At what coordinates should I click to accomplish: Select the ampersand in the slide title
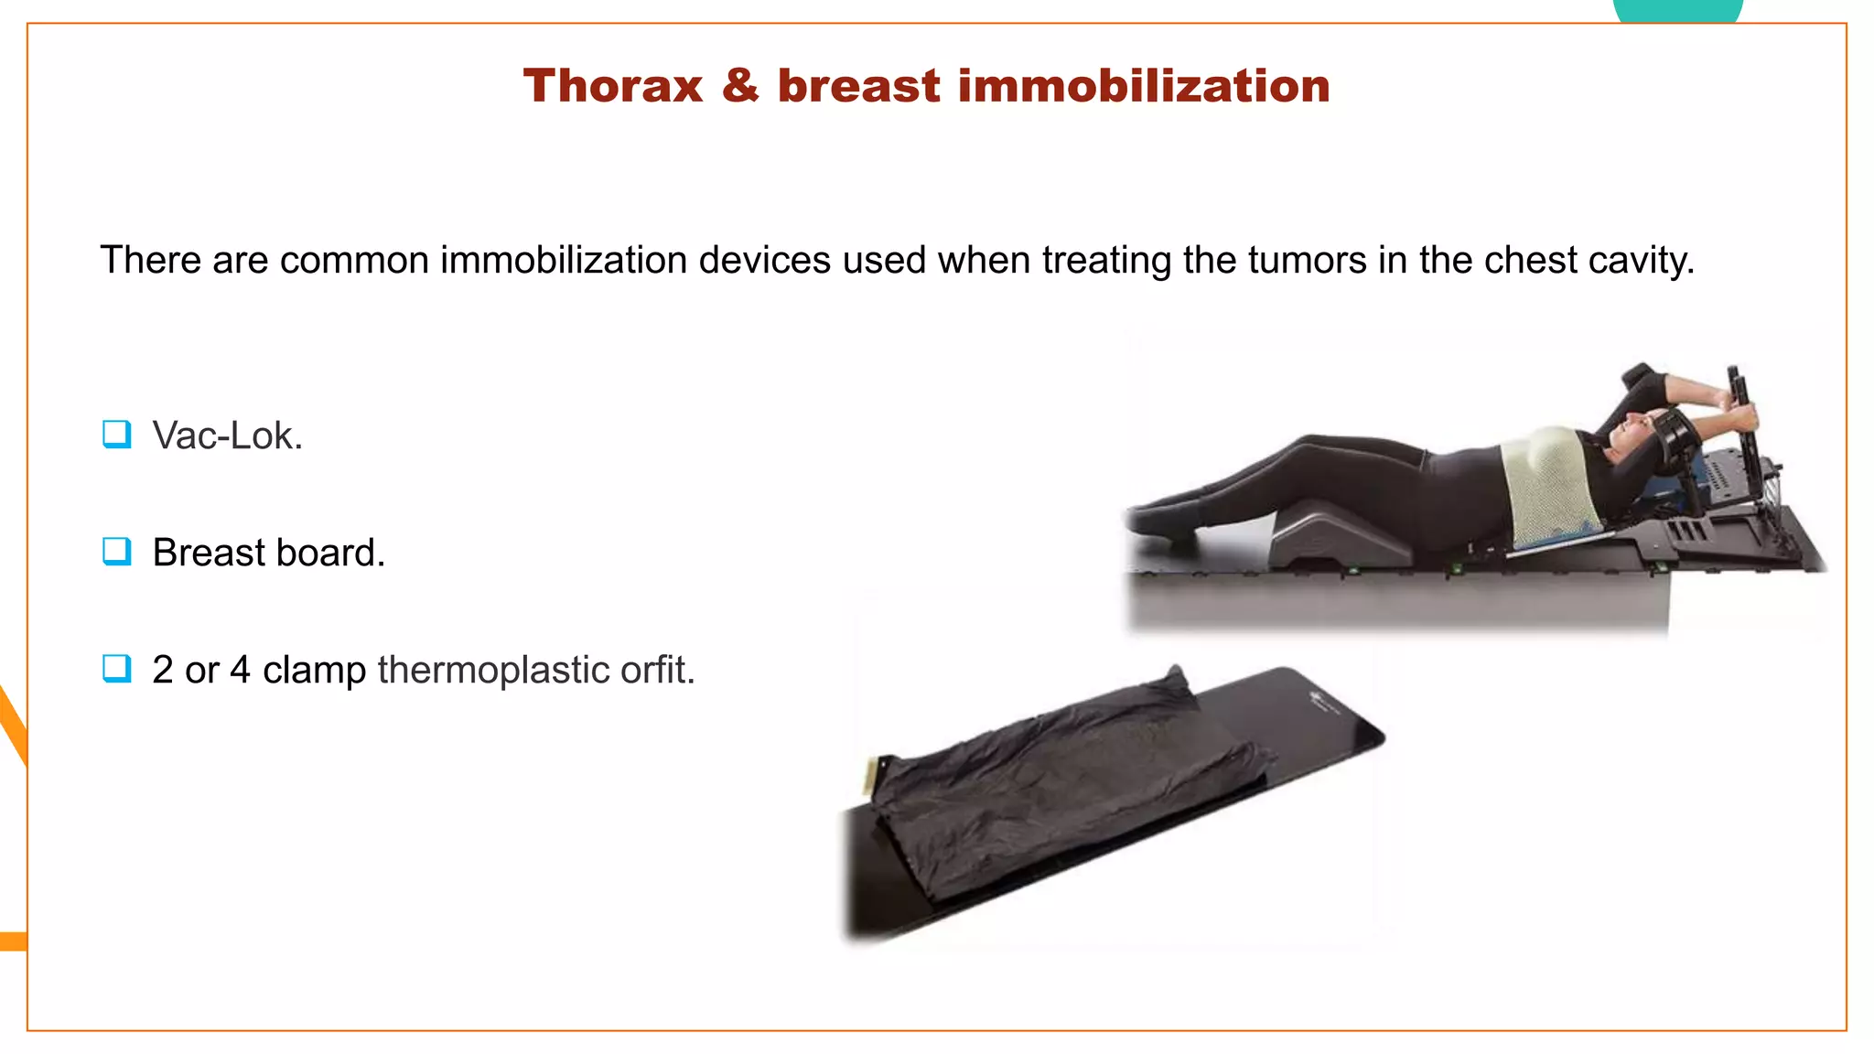pos(740,87)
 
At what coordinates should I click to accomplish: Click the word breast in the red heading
pos(858,87)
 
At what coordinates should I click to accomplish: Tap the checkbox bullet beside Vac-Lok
pos(117,435)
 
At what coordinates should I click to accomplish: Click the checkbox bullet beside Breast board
pos(117,552)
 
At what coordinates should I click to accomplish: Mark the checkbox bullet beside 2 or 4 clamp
pos(117,669)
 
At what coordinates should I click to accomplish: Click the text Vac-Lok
pos(227,436)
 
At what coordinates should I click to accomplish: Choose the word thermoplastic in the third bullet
pos(493,671)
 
